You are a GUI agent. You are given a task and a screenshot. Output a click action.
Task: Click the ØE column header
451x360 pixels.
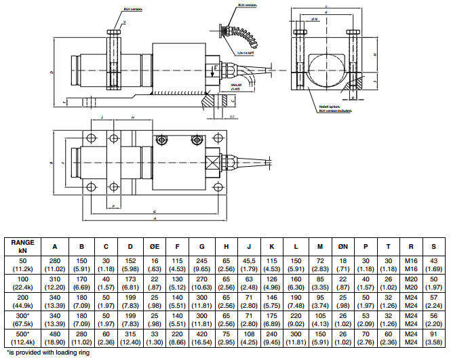click(155, 245)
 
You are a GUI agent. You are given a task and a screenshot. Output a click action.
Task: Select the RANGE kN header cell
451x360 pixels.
click(23, 245)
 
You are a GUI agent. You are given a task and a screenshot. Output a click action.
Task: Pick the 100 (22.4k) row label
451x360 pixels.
click(23, 283)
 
